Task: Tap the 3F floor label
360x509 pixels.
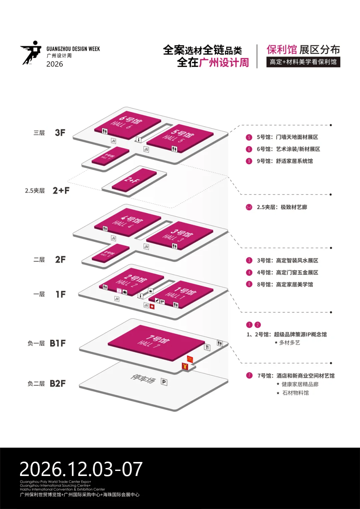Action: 60,133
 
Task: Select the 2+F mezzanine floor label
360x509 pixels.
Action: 61,190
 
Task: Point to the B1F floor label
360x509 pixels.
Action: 58,343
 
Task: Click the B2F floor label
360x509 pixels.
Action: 58,384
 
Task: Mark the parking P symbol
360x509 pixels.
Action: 164,382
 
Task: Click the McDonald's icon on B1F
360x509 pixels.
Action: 190,359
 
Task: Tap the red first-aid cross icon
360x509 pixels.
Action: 152,307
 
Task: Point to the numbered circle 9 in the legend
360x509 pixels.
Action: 249,161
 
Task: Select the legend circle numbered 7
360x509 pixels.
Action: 249,376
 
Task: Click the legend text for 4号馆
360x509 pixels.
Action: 287,273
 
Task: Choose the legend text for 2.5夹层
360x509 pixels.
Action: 282,207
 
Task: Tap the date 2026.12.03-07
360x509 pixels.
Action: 81,469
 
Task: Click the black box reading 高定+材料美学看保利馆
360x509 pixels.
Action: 303,62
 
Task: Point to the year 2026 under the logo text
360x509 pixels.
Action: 55,64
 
